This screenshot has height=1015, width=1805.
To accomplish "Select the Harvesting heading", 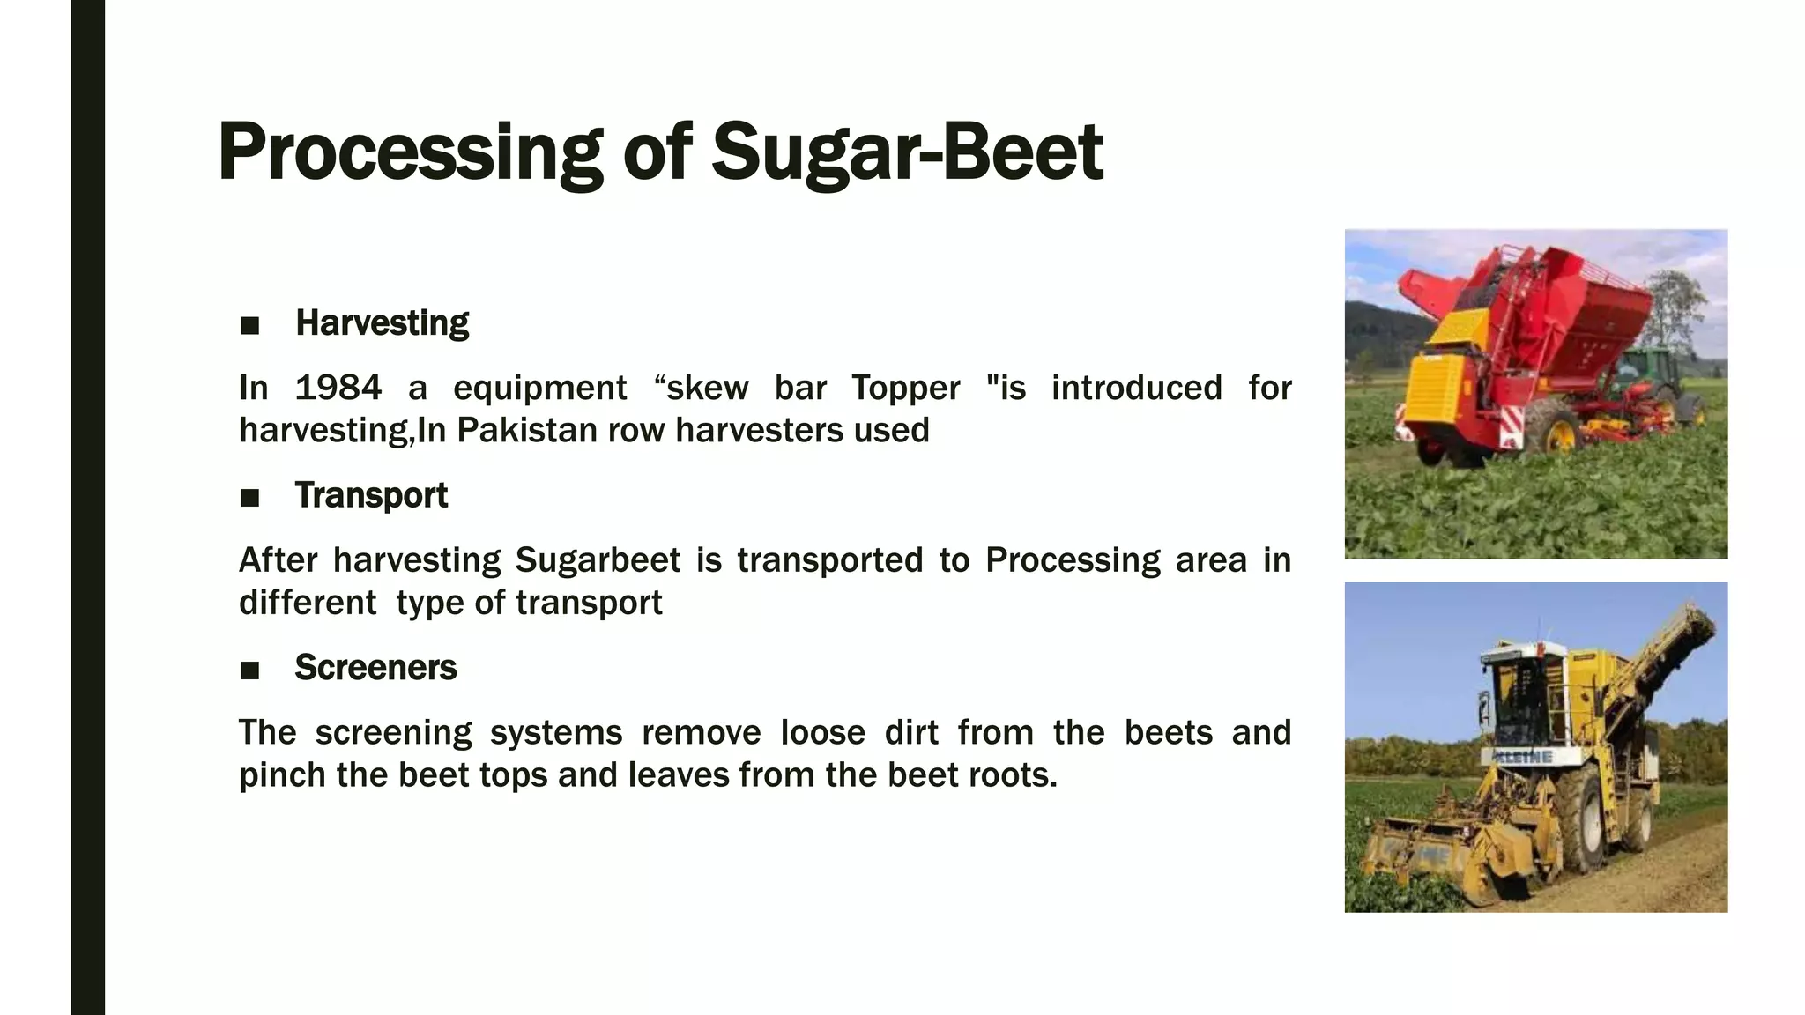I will (x=382, y=323).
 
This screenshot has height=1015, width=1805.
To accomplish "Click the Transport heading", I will (x=371, y=495).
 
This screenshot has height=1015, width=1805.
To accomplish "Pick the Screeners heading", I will (x=375, y=668).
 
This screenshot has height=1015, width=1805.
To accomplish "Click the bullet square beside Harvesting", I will (x=250, y=326).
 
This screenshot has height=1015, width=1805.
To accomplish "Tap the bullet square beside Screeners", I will (x=250, y=670).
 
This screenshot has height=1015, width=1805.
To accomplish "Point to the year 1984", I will (x=338, y=388).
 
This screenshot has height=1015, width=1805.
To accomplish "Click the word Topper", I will (x=905, y=389).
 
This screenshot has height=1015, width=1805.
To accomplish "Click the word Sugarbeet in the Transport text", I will (x=598, y=560).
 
